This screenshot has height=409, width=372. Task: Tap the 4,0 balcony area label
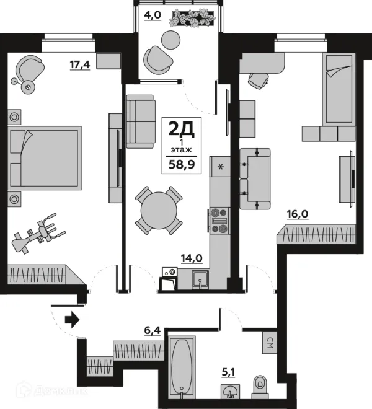(153, 15)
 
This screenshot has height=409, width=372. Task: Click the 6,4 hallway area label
(153, 331)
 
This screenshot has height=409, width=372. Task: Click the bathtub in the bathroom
(182, 368)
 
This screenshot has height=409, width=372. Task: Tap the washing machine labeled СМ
(269, 342)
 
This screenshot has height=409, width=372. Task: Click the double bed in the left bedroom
(45, 157)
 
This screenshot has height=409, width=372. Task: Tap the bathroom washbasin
(230, 392)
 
